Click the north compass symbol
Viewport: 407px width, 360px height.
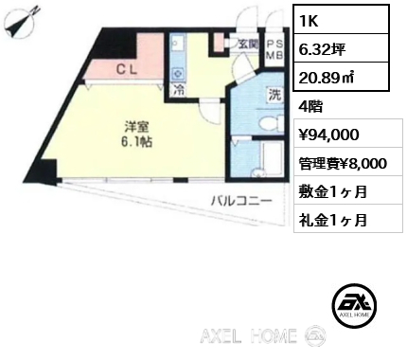pyautogui.click(x=23, y=24)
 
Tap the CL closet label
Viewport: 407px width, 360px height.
pyautogui.click(x=127, y=69)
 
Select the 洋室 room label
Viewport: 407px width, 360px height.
pyautogui.click(x=136, y=127)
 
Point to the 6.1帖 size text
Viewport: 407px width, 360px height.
pyautogui.click(x=136, y=142)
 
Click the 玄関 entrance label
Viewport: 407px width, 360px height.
pyautogui.click(x=248, y=45)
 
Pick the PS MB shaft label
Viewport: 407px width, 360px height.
pyautogui.click(x=275, y=49)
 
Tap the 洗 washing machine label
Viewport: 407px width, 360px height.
pyautogui.click(x=274, y=95)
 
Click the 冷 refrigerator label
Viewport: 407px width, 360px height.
pyautogui.click(x=179, y=90)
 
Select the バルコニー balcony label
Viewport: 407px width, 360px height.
pyautogui.click(x=241, y=201)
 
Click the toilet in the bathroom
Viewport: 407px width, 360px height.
pyautogui.click(x=271, y=122)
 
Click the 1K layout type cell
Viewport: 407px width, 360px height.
pyautogui.click(x=341, y=19)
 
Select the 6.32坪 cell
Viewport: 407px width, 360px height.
pyautogui.click(x=341, y=48)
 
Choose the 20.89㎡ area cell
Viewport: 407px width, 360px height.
pyautogui.click(x=341, y=77)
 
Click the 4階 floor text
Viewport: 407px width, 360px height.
pyautogui.click(x=310, y=107)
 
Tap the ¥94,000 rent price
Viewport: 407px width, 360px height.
pyautogui.click(x=328, y=135)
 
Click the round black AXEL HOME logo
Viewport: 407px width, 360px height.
pyautogui.click(x=354, y=305)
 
